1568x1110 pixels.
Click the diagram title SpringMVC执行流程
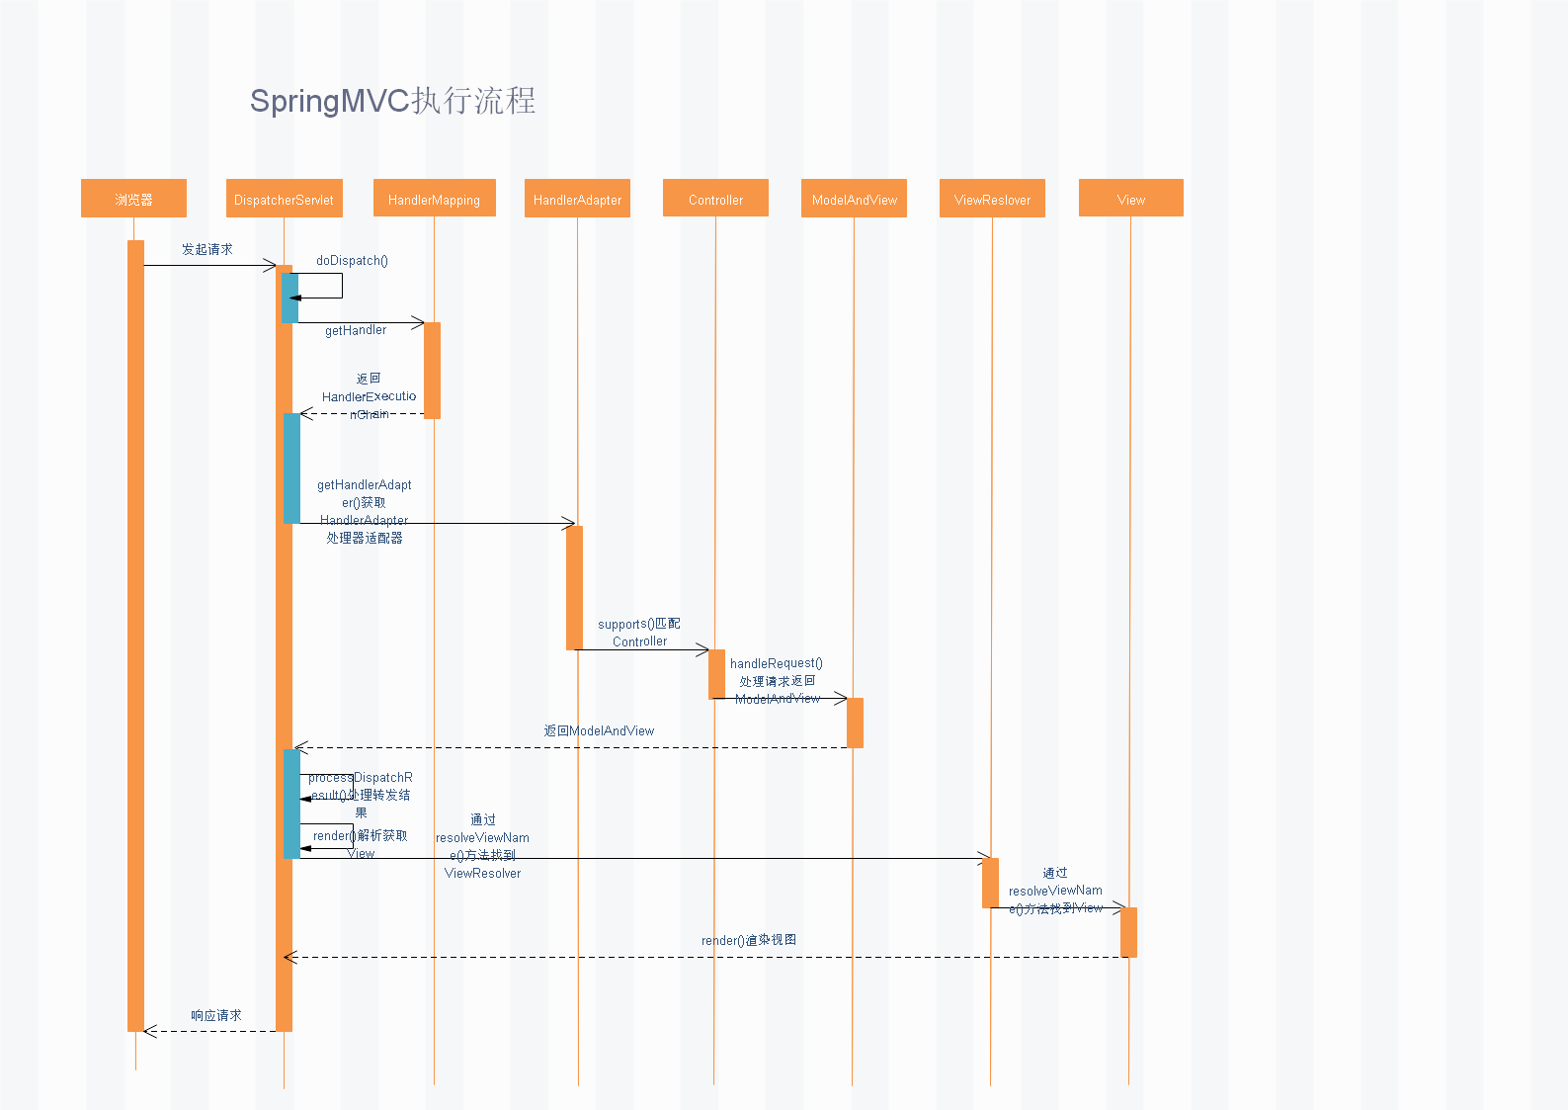[392, 101]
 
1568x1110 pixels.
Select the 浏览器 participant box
[133, 199]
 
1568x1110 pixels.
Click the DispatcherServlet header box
[284, 199]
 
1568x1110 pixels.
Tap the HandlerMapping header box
[434, 199]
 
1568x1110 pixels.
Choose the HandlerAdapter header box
[577, 199]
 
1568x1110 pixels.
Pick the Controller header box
[715, 199]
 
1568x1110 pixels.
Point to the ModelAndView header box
[854, 199]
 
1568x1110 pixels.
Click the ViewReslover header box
[992, 199]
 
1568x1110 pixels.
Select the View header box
[1130, 199]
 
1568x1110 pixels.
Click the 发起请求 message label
[206, 249]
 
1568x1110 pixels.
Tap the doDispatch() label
[352, 261]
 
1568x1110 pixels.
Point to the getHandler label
[356, 330]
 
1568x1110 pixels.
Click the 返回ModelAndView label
[599, 731]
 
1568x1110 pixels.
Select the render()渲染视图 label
[749, 940]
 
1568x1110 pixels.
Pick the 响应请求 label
[216, 1015]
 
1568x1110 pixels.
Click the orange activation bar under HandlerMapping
[432, 370]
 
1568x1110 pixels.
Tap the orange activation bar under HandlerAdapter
[574, 587]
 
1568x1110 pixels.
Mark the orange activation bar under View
[1128, 931]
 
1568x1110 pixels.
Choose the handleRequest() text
[776, 663]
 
